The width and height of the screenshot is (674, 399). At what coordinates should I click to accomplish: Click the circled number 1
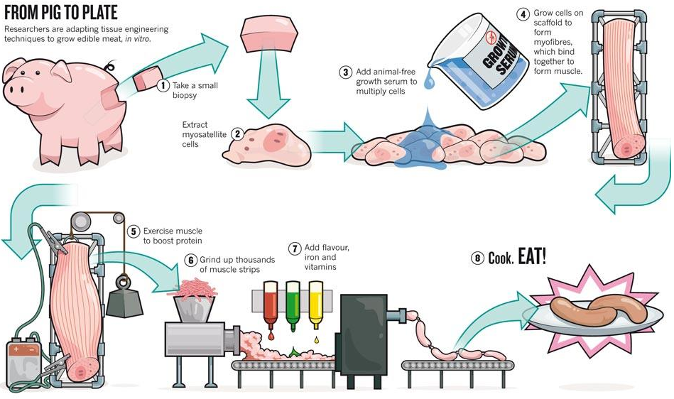click(163, 86)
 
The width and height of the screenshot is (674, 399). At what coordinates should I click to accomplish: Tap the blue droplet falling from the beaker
click(428, 83)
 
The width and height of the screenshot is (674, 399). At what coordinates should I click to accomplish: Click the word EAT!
click(532, 256)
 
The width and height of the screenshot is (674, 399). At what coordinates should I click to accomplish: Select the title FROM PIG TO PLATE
click(60, 13)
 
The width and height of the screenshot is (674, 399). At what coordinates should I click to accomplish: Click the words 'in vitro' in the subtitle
click(139, 39)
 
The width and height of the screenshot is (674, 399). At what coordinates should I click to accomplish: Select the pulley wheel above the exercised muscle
click(79, 222)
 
